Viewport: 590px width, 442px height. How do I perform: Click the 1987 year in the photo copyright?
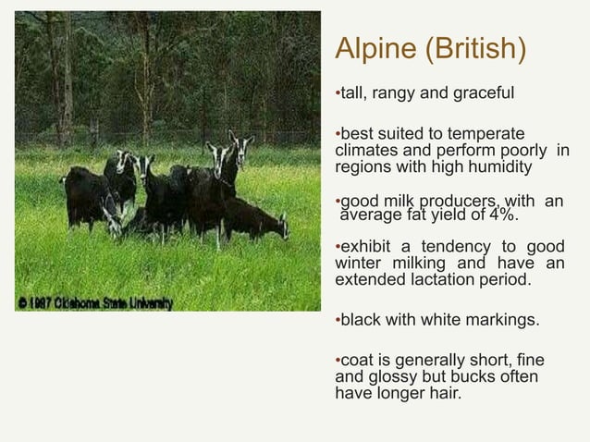pos(43,303)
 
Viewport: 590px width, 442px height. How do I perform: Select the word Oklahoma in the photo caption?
pos(86,303)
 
